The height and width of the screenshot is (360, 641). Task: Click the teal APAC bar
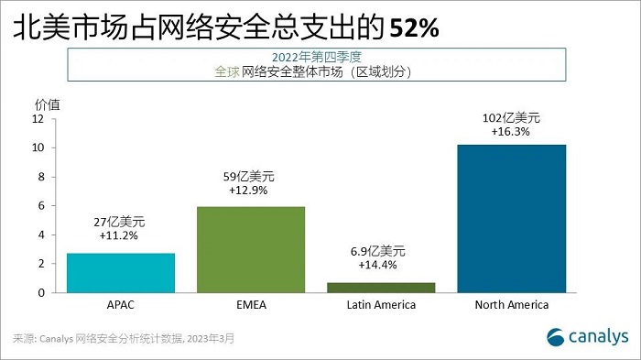click(121, 272)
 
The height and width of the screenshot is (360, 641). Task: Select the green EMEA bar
click(251, 249)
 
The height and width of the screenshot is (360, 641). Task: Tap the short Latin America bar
click(380, 287)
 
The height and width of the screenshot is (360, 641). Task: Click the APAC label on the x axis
click(121, 305)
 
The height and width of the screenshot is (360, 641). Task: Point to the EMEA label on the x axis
click(251, 305)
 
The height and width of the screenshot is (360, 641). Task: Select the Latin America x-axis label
click(380, 305)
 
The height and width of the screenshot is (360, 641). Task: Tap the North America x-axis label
click(509, 305)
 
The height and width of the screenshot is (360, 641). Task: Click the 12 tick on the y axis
click(38, 118)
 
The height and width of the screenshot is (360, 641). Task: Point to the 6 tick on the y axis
click(41, 205)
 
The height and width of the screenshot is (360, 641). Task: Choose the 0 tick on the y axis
click(41, 292)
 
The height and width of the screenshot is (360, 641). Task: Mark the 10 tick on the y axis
click(38, 147)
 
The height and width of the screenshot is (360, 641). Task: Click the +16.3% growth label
click(510, 132)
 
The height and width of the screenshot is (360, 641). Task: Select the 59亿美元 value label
click(251, 175)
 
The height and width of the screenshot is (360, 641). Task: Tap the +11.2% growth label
click(121, 235)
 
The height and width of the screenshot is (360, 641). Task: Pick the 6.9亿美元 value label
click(380, 250)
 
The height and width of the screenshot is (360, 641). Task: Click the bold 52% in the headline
click(414, 29)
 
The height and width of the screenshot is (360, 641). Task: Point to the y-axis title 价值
click(47, 104)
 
